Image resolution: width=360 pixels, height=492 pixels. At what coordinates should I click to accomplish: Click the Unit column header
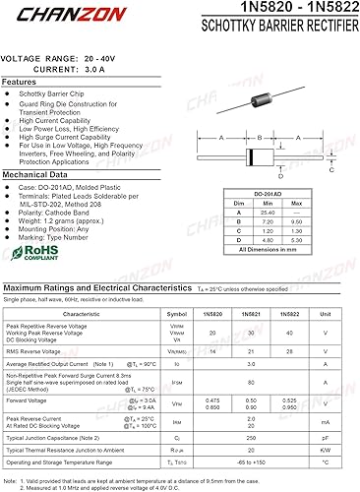pyautogui.click(x=326, y=313)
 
